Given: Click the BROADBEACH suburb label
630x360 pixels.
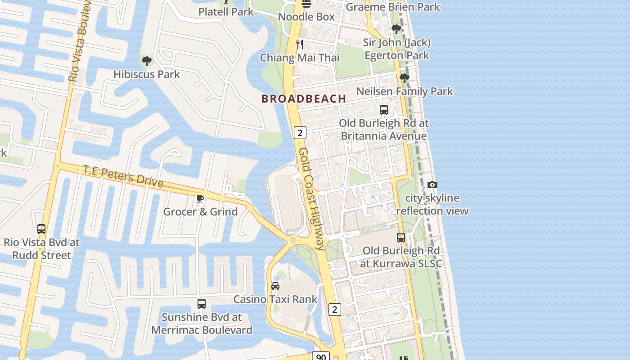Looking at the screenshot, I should pos(304,99).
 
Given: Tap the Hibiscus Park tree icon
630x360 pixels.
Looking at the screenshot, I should pos(146,61).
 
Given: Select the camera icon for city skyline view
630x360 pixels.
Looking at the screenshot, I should pos(432,184).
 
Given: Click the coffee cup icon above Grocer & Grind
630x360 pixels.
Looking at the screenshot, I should pos(200,198).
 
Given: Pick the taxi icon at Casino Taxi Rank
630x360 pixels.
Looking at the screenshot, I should pos(275,286).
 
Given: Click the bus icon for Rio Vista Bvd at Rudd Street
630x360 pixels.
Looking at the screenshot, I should pos(41,229).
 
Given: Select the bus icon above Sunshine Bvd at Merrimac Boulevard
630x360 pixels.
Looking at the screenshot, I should pos(202,304).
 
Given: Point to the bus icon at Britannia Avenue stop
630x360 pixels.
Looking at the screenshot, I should pos(384,110).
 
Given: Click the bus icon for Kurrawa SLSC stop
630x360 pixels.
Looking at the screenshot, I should pos(401,238).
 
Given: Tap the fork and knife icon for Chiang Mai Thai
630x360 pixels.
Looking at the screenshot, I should pos(300,45).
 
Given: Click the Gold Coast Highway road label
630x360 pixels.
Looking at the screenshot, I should pos(312,198).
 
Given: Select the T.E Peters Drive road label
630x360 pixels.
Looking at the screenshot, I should pos(123,176).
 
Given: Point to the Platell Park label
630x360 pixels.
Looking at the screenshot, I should pos(226,12).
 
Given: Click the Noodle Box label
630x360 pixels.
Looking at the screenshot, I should pos(306,17).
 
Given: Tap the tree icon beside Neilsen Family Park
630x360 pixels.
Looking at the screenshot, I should pos(405,78).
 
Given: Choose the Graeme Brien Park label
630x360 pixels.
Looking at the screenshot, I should pos(393,7).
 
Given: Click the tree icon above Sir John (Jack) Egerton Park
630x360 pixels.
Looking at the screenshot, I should pos(396,30).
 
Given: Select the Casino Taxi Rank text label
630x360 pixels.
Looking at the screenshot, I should pos(275,299).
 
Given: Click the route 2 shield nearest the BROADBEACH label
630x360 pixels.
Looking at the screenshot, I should pos(300,132).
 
